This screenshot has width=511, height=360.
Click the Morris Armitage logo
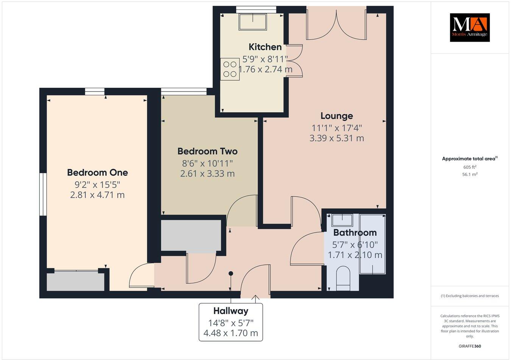469,27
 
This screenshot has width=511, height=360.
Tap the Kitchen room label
265,47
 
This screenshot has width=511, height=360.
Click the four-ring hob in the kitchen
230,69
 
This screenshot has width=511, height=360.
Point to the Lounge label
337,116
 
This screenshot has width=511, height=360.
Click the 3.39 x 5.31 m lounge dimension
337,138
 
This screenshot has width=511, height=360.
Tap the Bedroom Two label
207,151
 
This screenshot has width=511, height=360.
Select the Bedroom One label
97,172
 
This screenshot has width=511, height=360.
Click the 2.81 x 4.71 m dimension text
97,195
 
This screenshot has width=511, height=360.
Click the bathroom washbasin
343,220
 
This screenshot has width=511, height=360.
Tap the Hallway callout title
231,311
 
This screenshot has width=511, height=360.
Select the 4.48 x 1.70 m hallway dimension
231,333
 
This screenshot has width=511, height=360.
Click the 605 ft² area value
469,167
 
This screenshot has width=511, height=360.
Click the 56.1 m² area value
469,174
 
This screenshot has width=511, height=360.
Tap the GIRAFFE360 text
469,346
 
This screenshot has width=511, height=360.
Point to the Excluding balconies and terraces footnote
469,296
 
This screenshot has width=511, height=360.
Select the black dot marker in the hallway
231,273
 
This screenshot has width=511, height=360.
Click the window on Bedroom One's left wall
43,194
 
